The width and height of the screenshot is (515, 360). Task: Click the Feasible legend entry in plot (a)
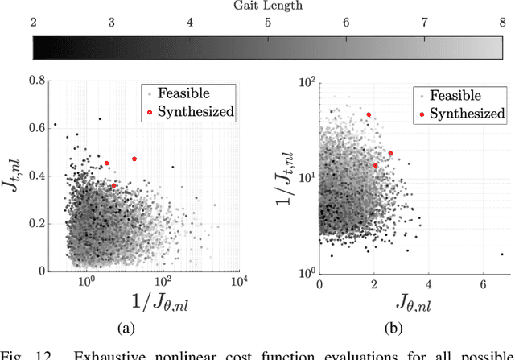click(x=189, y=92)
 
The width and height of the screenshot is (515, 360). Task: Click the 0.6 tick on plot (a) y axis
click(x=36, y=128)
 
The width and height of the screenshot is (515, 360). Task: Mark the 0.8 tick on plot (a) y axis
click(x=36, y=80)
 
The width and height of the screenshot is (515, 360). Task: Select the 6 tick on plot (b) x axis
click(x=483, y=284)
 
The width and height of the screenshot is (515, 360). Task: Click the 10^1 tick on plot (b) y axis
click(x=305, y=176)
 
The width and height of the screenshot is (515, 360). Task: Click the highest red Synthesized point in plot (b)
click(x=369, y=114)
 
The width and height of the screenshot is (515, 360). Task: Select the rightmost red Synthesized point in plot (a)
click(x=134, y=159)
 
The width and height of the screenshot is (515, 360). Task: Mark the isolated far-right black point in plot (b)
click(x=502, y=254)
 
